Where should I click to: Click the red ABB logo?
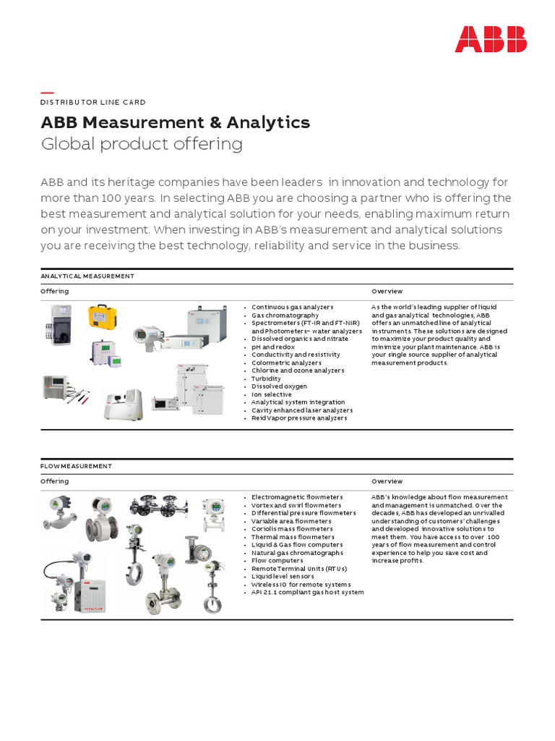tap(490, 39)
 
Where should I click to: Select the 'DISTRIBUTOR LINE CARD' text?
tap(92, 103)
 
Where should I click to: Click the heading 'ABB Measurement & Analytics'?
tap(175, 122)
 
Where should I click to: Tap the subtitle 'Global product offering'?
tap(141, 144)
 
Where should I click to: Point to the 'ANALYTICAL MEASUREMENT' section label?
tap(87, 276)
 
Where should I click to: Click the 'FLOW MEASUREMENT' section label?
tap(76, 467)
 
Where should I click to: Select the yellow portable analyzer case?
tap(103, 318)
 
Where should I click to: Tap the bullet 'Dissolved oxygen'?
tap(279, 386)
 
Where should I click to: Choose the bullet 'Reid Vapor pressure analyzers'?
tap(299, 418)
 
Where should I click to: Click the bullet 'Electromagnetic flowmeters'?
tap(297, 497)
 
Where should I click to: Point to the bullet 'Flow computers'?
tap(277, 560)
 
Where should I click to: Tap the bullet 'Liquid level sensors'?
tap(283, 576)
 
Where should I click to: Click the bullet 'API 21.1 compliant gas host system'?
tap(307, 592)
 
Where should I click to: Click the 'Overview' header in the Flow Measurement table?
tap(387, 481)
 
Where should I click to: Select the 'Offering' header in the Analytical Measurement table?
tap(54, 291)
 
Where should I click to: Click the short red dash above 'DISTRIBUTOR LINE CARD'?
tap(47, 93)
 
